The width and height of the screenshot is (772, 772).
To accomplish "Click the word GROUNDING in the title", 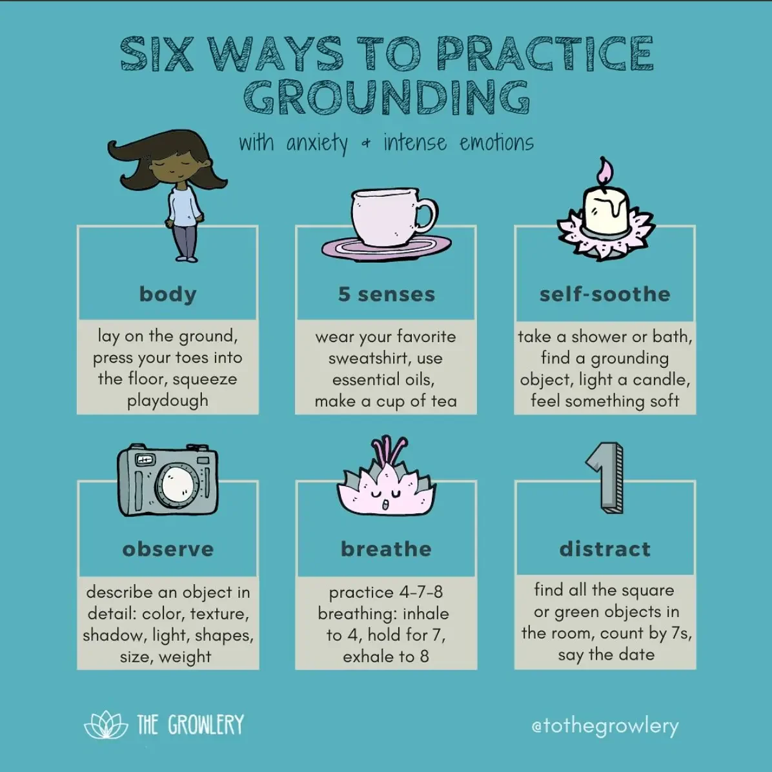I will coord(386,97).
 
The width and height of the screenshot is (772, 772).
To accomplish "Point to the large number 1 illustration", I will coord(605,478).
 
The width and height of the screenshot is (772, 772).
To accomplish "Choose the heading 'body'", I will coord(168,294).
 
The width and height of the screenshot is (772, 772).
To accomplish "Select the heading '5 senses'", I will coord(386,294).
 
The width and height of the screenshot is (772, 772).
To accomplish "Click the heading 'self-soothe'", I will coord(605,294).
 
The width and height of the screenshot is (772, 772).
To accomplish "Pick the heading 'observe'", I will coord(168,549).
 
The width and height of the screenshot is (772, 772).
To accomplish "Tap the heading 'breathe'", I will coord(386,549).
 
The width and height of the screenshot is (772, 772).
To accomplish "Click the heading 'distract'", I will coord(605,549).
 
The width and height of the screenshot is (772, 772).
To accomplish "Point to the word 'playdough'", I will coord(168,401).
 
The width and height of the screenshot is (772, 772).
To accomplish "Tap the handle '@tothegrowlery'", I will coord(605,726).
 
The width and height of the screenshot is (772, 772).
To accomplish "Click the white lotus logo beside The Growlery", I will coord(106,726).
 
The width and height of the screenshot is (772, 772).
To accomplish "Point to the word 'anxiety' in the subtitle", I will coord(316,143).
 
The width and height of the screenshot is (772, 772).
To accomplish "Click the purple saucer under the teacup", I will coord(386,249).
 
